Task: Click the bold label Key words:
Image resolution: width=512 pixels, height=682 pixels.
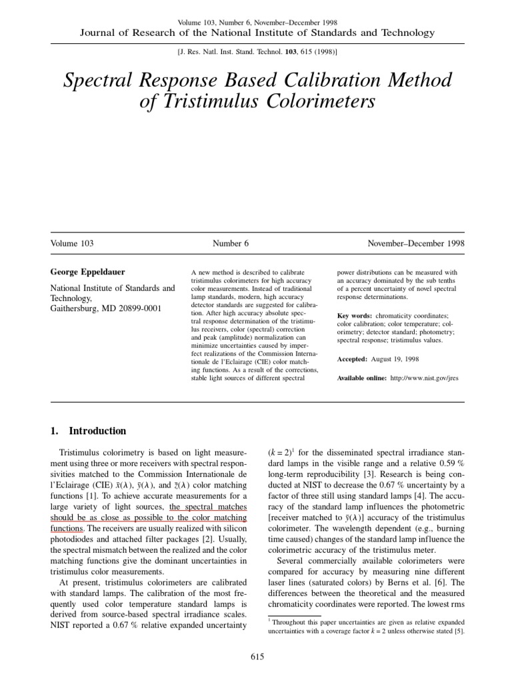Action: tap(355, 315)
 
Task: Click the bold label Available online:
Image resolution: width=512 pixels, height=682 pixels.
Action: tap(362, 378)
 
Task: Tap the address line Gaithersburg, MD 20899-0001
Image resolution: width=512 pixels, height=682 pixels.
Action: tap(106, 310)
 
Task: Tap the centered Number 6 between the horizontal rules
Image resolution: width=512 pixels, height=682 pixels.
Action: tap(231, 244)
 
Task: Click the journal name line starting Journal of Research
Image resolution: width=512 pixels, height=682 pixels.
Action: tap(257, 33)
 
